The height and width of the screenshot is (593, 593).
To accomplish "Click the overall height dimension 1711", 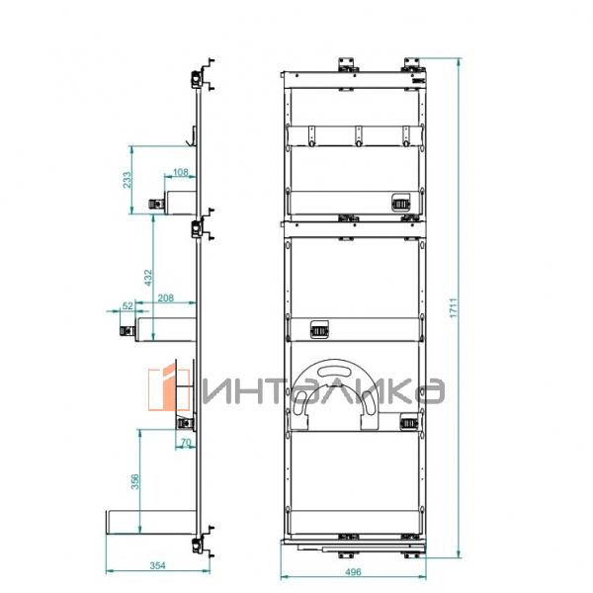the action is point(454,307).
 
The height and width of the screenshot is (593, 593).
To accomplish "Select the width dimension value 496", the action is point(353,571).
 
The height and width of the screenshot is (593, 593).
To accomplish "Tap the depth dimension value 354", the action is point(158,565).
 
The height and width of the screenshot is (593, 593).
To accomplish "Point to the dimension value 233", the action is point(127,180).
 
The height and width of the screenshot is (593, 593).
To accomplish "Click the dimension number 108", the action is point(181,172).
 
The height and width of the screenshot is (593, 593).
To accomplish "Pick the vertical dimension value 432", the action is point(148,277).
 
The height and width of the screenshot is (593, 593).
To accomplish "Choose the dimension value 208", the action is point(166,298).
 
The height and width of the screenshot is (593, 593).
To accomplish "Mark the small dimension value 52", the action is point(127,305).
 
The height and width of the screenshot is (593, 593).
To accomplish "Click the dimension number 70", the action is point(186,442).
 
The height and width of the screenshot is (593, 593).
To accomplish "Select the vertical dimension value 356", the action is point(135,481).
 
